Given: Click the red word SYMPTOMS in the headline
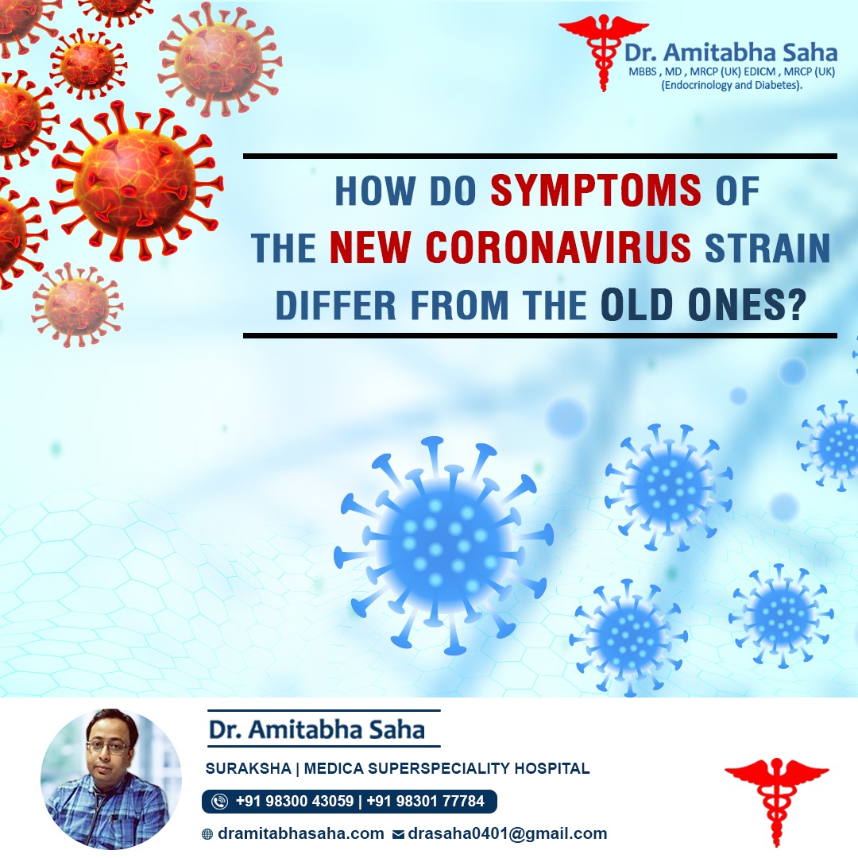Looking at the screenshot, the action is click(595, 191).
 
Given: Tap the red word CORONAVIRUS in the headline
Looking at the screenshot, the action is click(558, 248).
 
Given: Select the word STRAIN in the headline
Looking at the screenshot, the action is click(767, 248).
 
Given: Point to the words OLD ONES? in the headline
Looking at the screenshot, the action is click(704, 305).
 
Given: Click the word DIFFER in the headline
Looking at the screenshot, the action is click(335, 305).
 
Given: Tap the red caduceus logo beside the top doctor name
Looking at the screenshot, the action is click(603, 52).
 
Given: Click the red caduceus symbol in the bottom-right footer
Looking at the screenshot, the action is click(776, 802).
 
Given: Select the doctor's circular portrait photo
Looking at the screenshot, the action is click(111, 779).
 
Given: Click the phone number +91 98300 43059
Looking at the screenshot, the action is click(295, 801).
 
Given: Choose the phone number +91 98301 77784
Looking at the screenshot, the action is click(425, 801).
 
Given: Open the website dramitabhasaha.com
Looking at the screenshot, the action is click(300, 834).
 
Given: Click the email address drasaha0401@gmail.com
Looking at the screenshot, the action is click(507, 834).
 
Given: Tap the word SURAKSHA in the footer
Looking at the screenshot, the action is click(248, 769).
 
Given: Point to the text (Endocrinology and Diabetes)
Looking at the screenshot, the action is click(732, 85).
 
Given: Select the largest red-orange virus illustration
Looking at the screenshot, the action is click(136, 180).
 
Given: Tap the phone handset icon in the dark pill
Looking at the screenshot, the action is click(220, 802).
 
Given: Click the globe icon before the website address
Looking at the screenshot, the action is click(207, 834).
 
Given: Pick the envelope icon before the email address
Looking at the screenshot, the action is click(398, 834).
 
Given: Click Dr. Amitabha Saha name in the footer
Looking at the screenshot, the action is click(316, 729).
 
